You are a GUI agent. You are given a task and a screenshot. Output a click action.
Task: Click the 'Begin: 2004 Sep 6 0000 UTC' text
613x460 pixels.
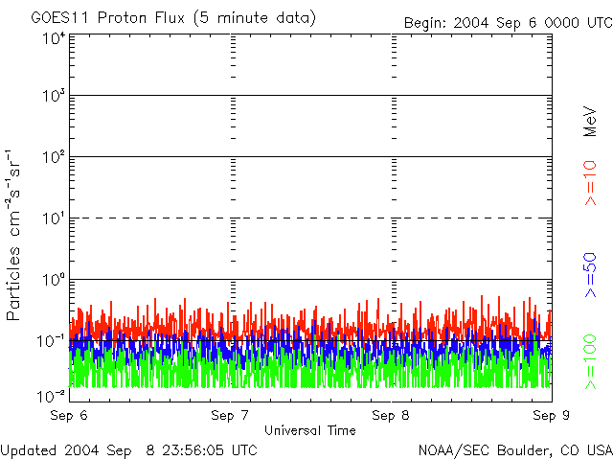tap(507, 22)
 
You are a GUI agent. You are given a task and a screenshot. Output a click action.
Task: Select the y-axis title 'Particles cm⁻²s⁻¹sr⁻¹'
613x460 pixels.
tap(16, 235)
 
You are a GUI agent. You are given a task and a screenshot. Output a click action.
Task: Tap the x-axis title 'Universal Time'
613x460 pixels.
tap(310, 430)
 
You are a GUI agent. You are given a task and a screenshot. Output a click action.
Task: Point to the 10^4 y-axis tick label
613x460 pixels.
tap(53, 38)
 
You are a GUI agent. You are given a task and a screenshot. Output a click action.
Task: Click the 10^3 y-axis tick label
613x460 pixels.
tap(53, 96)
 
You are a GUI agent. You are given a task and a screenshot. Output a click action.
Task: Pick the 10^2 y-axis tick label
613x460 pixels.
tap(53, 156)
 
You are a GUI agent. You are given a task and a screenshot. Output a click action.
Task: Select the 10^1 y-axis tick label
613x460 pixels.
tap(53, 218)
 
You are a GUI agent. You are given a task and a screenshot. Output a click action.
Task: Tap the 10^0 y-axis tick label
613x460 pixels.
tap(53, 279)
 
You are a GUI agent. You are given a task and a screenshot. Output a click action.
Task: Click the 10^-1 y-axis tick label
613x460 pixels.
tap(53, 340)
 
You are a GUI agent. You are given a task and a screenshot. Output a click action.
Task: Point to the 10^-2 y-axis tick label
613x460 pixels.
tap(53, 396)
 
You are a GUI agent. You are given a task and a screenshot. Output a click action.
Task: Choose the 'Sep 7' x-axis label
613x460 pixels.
tap(230, 416)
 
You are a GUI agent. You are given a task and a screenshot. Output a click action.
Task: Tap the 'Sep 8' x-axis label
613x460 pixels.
tap(391, 416)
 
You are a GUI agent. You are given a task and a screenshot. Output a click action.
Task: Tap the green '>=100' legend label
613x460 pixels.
tap(591, 361)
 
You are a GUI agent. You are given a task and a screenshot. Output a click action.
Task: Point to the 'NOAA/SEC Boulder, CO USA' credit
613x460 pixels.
tap(515, 449)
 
